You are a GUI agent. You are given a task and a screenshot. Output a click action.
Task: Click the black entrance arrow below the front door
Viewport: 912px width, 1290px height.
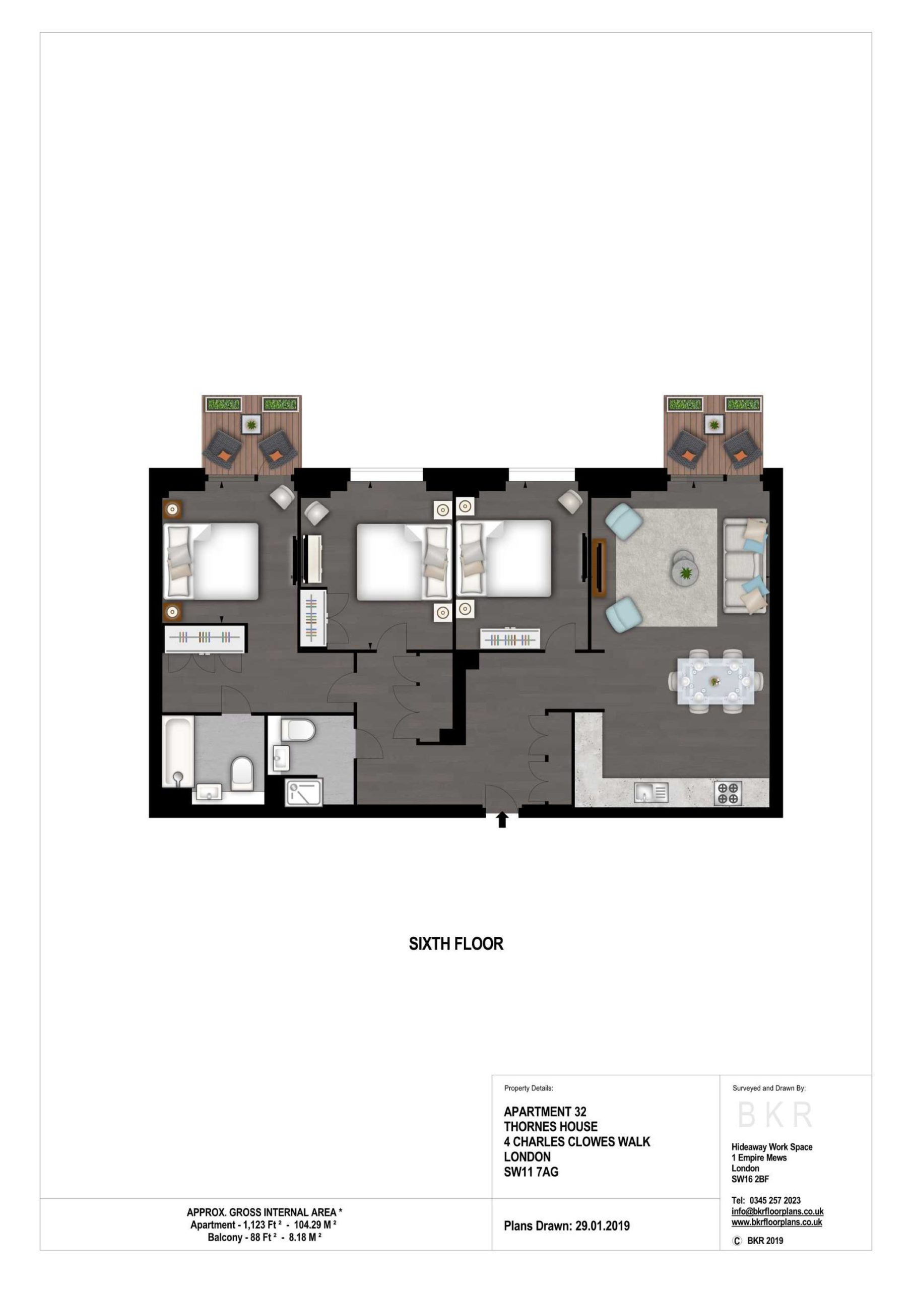point(502,820)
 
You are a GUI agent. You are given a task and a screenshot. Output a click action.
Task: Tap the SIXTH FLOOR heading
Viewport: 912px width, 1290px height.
point(455,944)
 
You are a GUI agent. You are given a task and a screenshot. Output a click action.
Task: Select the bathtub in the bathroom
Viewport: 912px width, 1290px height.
point(178,751)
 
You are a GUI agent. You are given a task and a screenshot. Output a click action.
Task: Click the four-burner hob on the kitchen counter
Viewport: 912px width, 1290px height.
point(728,793)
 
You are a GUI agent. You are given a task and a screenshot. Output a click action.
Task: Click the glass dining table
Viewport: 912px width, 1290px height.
point(715,681)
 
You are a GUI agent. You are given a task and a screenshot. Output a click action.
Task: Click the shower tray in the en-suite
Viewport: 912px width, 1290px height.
point(304,792)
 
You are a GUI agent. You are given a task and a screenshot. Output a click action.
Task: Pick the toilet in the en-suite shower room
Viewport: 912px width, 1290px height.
point(298,730)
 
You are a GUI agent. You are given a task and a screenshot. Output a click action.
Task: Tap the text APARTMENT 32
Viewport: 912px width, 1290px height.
point(545,1111)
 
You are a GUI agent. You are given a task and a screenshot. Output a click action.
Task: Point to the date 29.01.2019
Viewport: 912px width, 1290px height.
point(603,1226)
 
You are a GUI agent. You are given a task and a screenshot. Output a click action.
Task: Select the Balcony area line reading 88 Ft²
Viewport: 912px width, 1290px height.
point(264,1237)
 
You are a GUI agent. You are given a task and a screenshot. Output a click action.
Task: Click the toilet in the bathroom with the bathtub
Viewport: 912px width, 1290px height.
point(243,773)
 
